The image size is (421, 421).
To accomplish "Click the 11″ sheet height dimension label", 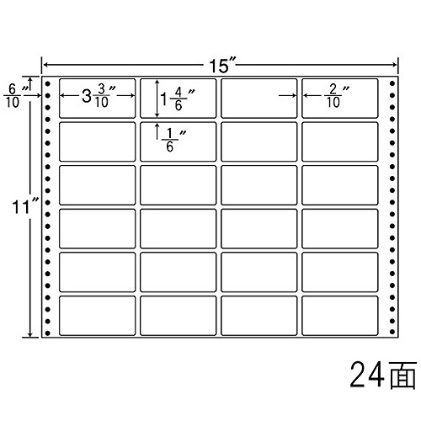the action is click(x=25, y=207).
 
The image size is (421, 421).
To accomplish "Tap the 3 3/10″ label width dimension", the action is click(x=99, y=96).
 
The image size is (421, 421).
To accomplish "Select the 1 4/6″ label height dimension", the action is click(x=178, y=99).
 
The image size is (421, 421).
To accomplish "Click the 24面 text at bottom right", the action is click(x=383, y=375).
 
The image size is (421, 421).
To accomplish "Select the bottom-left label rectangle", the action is click(x=97, y=316).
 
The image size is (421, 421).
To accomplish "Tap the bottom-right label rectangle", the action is click(x=339, y=316).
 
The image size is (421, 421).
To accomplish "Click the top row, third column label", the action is click(x=258, y=99).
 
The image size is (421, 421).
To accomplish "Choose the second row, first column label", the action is click(x=97, y=141).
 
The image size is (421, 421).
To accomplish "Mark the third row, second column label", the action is click(x=178, y=185).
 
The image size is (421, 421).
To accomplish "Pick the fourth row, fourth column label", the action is click(x=339, y=229).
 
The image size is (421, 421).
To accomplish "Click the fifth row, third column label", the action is click(x=258, y=272).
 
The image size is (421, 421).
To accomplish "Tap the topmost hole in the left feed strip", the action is click(x=48, y=83).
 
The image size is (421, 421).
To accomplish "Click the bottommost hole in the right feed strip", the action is click(x=392, y=332).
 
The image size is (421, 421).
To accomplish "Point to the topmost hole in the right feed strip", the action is click(x=392, y=83).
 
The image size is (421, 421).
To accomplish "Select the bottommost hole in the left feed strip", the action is click(x=48, y=333).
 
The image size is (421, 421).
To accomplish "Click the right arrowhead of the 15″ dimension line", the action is click(x=395, y=65).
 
